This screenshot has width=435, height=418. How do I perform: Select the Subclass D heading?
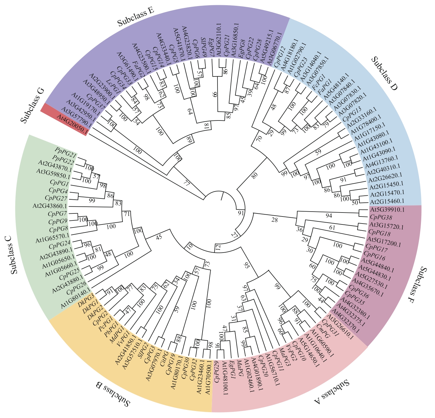point(385,74)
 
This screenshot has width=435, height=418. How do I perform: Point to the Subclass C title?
point(14,255)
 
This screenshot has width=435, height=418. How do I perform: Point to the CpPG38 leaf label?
point(381,218)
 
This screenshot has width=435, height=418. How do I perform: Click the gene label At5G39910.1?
point(387,210)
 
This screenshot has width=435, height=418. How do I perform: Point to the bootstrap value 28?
point(275,220)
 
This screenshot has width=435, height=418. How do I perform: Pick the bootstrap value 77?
point(187,183)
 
